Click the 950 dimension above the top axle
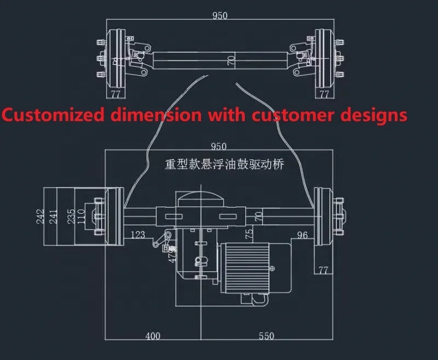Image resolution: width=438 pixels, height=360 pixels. point(220,16)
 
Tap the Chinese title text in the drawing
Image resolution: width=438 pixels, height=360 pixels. point(224,164)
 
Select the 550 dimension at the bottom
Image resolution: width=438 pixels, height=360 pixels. point(266,336)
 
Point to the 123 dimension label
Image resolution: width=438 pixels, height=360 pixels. point(138,235)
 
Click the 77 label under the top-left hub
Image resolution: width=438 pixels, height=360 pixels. point(116,94)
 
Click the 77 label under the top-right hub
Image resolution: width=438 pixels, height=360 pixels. point(324,94)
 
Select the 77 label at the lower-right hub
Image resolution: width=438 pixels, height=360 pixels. point(322,270)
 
